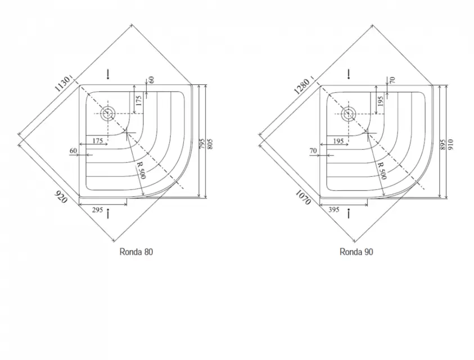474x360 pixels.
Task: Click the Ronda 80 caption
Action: tap(136, 251)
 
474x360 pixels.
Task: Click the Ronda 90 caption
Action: tap(356, 251)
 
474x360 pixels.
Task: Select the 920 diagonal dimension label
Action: tap(61, 197)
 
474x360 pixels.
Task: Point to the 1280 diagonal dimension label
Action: tap(302, 86)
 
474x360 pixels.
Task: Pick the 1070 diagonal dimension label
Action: tap(303, 197)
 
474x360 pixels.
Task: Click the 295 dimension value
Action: tap(97, 210)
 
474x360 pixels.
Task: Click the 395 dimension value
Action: tap(334, 209)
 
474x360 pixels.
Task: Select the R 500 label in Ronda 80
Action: tap(142, 170)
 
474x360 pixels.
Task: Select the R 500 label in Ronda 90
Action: tap(382, 170)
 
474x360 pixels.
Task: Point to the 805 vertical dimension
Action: tap(210, 143)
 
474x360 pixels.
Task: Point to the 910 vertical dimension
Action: tap(451, 145)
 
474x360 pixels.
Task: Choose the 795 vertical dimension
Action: tap(202, 143)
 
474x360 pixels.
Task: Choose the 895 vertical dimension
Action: tap(443, 145)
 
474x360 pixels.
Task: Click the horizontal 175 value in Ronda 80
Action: tap(98, 141)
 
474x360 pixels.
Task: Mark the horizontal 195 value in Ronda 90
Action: tap(338, 141)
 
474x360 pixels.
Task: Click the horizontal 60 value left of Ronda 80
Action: tap(74, 150)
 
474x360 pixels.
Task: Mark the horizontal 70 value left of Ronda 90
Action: tap(313, 150)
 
